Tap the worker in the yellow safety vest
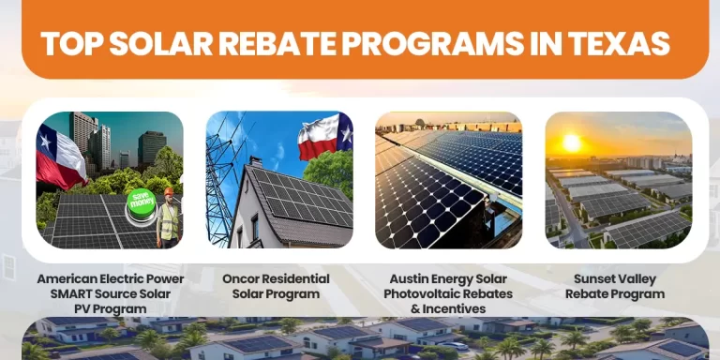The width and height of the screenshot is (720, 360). [x=169, y=221]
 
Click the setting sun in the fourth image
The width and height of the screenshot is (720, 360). [x=571, y=142]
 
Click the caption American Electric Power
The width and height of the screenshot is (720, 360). [x=111, y=278]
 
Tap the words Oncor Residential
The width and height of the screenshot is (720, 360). [x=276, y=278]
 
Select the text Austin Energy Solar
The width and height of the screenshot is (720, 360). [x=447, y=278]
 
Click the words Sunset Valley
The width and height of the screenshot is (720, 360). [x=615, y=278]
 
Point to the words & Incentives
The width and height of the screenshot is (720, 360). [x=447, y=308]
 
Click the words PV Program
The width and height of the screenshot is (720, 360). [x=111, y=308]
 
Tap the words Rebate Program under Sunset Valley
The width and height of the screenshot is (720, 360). [x=615, y=293]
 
